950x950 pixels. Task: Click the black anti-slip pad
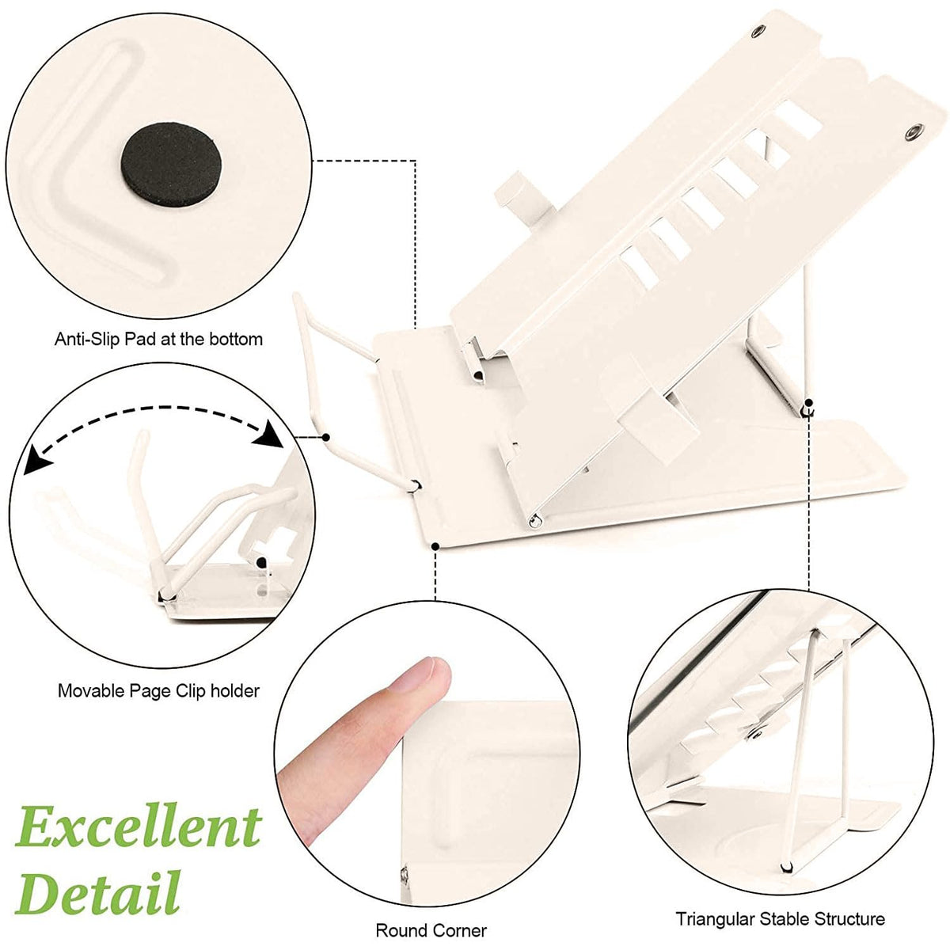tap(171, 163)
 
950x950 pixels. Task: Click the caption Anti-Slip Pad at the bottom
tap(158, 339)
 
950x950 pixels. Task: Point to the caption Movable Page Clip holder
tap(158, 690)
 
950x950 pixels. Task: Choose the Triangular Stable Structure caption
tap(781, 905)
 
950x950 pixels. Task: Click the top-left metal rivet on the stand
tap(757, 32)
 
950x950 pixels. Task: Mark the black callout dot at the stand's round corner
tap(435, 546)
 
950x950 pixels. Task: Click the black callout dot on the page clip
tap(326, 437)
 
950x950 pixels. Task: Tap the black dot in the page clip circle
tap(261, 563)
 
